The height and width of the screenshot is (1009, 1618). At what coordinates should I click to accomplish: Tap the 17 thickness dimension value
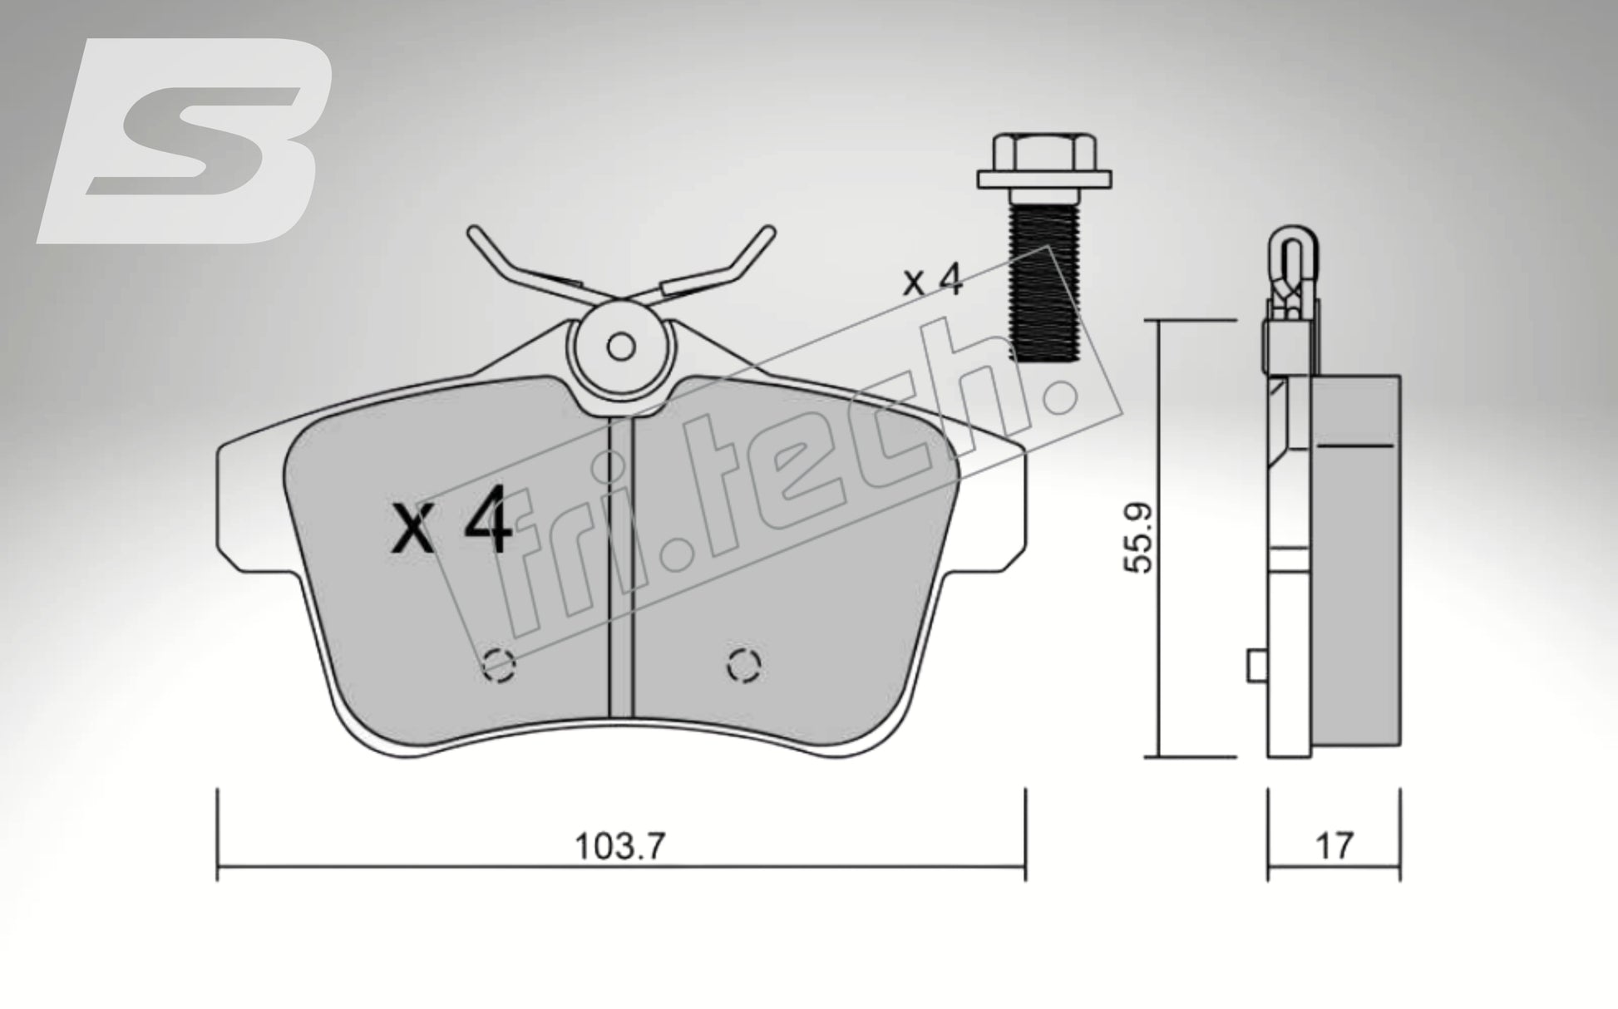[x=1334, y=845]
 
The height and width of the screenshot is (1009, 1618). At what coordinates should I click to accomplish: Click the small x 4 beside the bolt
[x=933, y=282]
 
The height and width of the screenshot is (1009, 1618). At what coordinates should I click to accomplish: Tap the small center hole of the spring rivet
[x=620, y=347]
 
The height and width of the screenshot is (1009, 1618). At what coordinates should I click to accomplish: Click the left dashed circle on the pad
[x=500, y=664]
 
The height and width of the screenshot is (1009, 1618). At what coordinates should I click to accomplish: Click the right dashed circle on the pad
[x=743, y=665]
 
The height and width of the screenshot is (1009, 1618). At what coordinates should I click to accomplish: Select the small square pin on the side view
[x=1257, y=666]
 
